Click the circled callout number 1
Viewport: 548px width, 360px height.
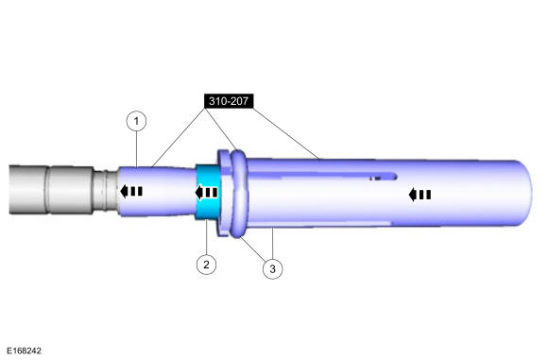(138, 121)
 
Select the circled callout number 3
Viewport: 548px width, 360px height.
(272, 269)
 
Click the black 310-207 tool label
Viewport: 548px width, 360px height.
(228, 98)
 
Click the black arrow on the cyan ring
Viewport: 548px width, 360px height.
(206, 193)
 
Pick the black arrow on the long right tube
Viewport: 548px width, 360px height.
(420, 195)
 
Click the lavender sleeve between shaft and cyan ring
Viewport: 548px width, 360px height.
(161, 194)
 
